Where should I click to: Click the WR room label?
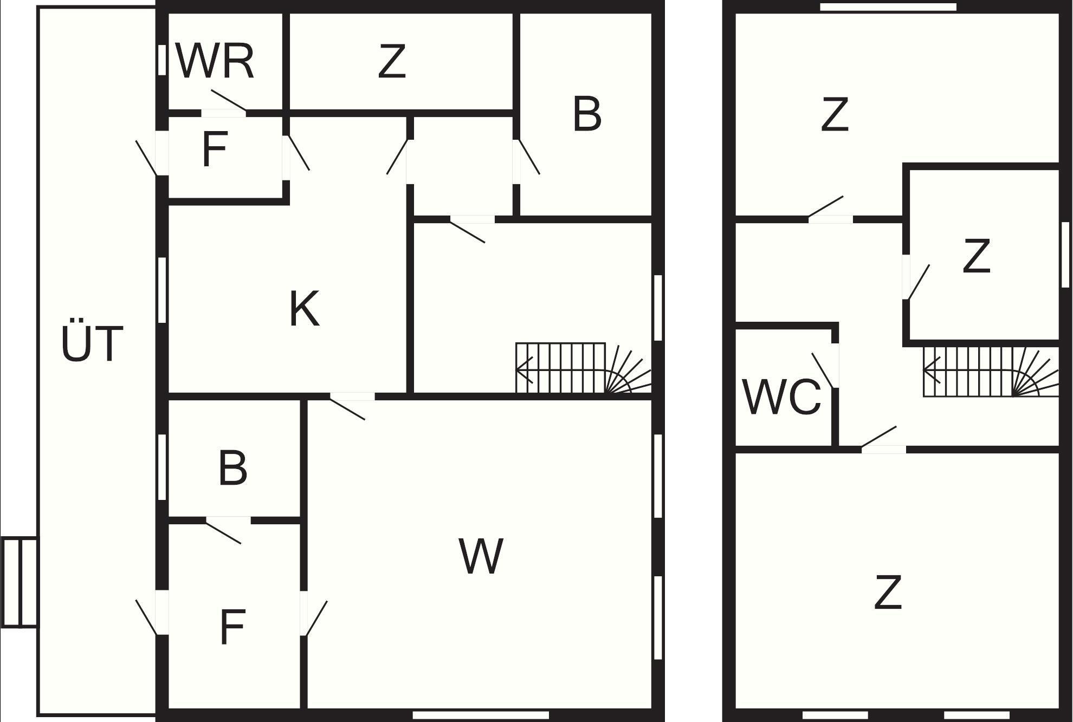[215, 61]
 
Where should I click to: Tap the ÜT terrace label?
[92, 343]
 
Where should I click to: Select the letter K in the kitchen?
[304, 309]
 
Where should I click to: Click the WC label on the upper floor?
[781, 397]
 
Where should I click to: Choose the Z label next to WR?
[391, 62]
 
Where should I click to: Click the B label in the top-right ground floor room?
[586, 114]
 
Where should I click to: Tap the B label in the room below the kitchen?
[233, 467]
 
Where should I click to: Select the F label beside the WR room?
[214, 149]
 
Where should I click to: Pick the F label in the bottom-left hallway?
[232, 627]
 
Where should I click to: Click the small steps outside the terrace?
[20, 582]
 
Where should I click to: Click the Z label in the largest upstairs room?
[888, 593]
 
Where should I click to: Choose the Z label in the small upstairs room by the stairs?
[976, 256]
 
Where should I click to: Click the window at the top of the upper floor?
[888, 7]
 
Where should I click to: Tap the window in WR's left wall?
[162, 60]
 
